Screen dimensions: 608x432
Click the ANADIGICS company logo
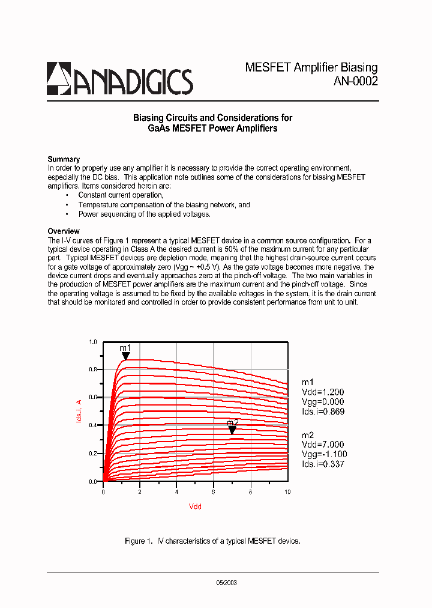coord(120,79)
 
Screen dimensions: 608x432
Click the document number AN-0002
coord(355,82)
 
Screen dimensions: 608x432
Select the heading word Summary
coord(64,159)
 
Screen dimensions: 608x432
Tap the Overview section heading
coord(64,231)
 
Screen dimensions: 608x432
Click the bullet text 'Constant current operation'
coord(121,195)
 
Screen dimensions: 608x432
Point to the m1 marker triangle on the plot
coord(125,356)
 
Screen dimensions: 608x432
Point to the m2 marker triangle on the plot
coord(232,430)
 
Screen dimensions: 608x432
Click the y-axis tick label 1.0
coord(92,342)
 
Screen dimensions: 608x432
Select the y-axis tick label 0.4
coord(92,425)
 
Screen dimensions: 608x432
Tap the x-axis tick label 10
coord(287,491)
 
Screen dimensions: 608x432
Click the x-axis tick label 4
coord(177,491)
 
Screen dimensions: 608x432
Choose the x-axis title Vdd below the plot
coord(195,506)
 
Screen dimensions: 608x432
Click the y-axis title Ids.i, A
coord(79,411)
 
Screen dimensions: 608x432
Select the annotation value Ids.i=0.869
coord(323,412)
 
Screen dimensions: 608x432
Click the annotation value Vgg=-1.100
coord(324,455)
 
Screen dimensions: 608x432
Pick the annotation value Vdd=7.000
coord(323,445)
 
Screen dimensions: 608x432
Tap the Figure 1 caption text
coord(212,541)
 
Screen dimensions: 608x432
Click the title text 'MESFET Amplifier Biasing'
coord(311,67)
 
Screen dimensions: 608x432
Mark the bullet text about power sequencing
coord(144,214)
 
